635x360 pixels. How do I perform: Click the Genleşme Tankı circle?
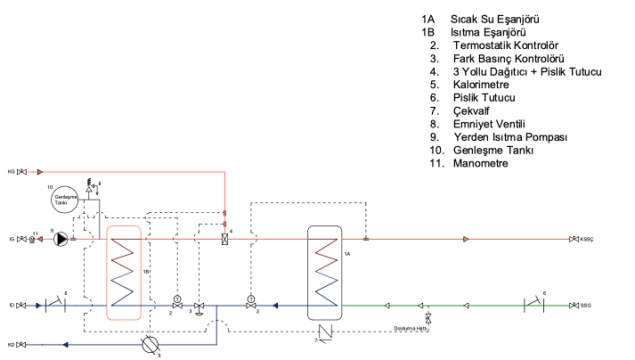[x=65, y=198]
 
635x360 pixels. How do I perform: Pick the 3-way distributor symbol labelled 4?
[x=224, y=239]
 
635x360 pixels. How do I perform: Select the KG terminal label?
[x=12, y=171]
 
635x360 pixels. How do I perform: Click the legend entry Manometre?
[x=482, y=163]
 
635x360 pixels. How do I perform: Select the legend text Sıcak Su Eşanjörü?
[x=496, y=19]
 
